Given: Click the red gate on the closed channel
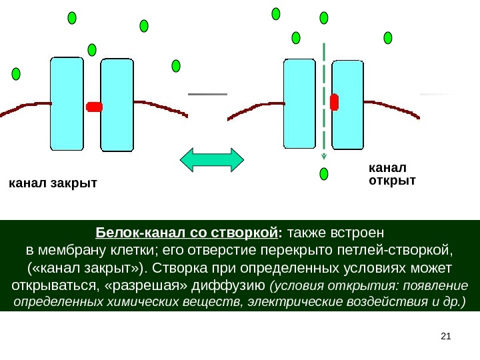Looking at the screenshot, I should (x=94, y=107).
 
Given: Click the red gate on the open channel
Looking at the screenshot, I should (x=334, y=101).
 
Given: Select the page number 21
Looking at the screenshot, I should (x=447, y=335).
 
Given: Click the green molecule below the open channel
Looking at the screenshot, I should (x=324, y=175).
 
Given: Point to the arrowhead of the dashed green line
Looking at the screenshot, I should (x=324, y=157).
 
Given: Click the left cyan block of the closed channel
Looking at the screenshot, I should (x=67, y=103).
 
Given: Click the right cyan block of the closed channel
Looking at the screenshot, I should (x=117, y=105).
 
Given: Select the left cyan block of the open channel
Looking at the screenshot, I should (x=299, y=103).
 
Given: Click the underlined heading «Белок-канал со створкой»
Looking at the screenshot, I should (x=186, y=233).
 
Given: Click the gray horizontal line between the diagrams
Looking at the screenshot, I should (x=208, y=95).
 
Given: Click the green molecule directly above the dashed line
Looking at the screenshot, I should (x=324, y=18).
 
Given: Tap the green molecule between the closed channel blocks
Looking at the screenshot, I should (x=92, y=49).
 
